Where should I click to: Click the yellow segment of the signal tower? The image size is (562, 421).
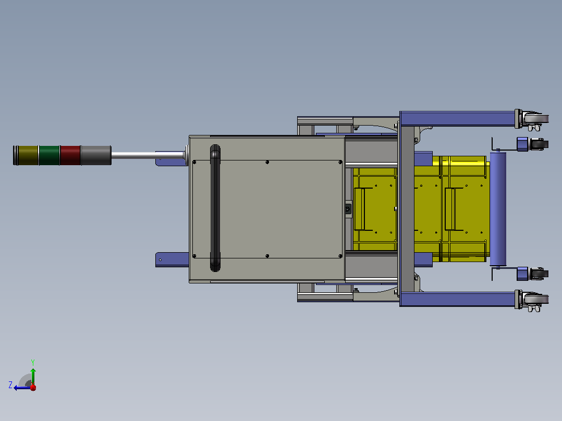click(28, 155)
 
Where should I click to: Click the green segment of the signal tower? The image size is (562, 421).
click(49, 155)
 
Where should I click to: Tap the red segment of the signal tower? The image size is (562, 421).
click(70, 155)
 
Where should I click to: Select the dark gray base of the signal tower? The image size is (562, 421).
click(96, 155)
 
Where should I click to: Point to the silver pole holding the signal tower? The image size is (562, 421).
click(148, 155)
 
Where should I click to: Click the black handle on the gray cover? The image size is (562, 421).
click(215, 208)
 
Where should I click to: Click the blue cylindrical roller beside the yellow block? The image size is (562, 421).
click(498, 209)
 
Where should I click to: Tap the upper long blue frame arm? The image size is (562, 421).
click(457, 119)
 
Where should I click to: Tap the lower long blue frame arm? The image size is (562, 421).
click(457, 299)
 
